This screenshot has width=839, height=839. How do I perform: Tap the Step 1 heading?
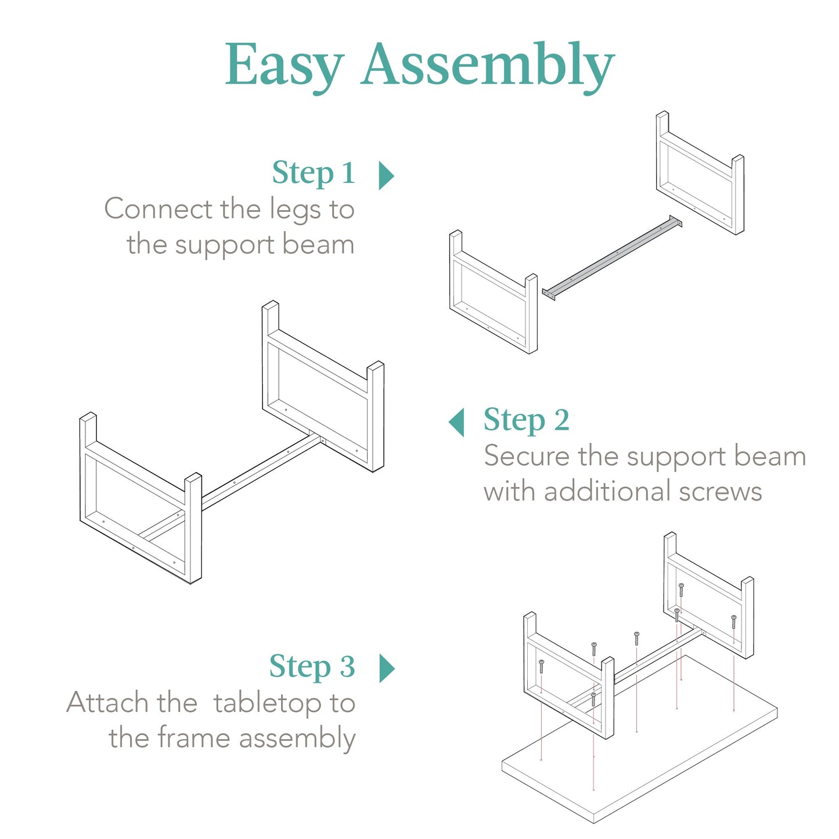coord(314,173)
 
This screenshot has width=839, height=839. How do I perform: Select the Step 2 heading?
coord(526,420)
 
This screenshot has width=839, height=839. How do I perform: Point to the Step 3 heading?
coord(312,667)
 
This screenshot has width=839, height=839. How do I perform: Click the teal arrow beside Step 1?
coord(386,175)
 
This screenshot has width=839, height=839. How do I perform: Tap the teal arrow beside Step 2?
coord(457,422)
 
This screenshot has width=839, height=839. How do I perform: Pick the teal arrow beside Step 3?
coord(387,668)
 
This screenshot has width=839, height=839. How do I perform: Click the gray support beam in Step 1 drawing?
coord(613,257)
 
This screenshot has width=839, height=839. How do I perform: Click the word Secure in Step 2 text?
coord(527,456)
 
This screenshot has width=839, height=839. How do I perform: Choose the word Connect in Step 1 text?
coord(158,209)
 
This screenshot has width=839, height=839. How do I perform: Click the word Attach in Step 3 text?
coord(107,703)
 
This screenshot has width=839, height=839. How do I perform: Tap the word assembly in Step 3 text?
coord(297,739)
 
